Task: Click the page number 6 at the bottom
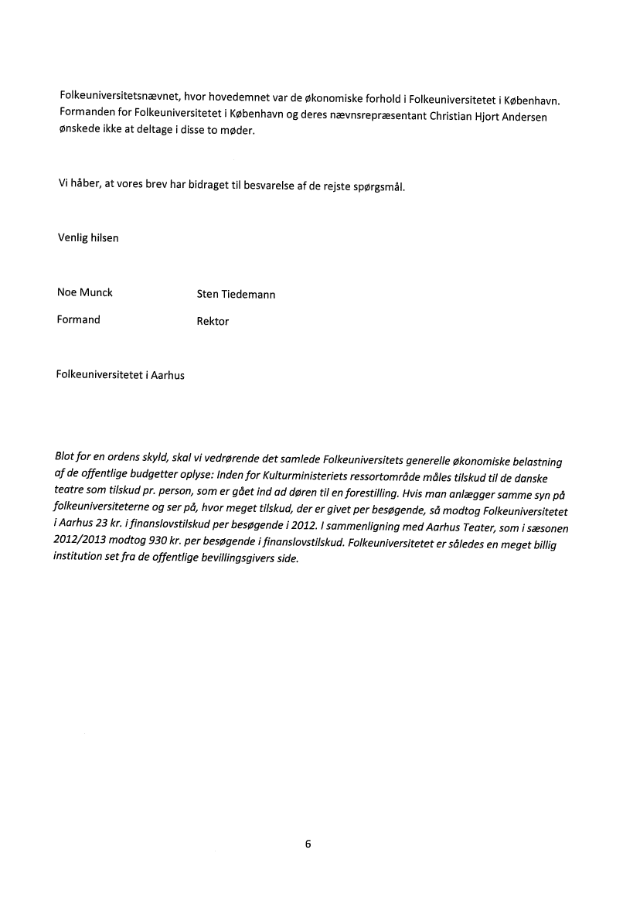[x=308, y=844]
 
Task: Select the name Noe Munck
[x=85, y=292]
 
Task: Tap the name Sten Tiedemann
[x=237, y=295]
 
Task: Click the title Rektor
[x=213, y=322]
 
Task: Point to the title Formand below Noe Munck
[x=79, y=319]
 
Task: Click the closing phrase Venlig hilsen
[x=88, y=238]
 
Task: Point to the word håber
[x=85, y=183]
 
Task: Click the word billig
[x=541, y=544]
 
